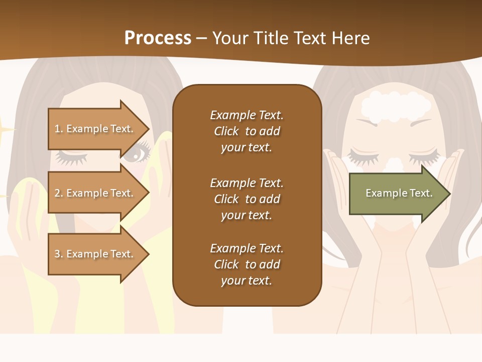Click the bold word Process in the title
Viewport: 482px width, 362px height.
(158, 38)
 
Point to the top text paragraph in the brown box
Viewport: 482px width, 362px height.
(247, 131)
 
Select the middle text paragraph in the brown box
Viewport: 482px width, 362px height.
(247, 199)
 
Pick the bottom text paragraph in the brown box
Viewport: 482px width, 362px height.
(247, 264)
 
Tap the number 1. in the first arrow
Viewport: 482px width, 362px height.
(59, 129)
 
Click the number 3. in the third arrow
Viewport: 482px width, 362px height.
(59, 254)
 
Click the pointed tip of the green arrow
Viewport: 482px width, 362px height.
(448, 194)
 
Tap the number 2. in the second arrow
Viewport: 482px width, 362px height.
(59, 193)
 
